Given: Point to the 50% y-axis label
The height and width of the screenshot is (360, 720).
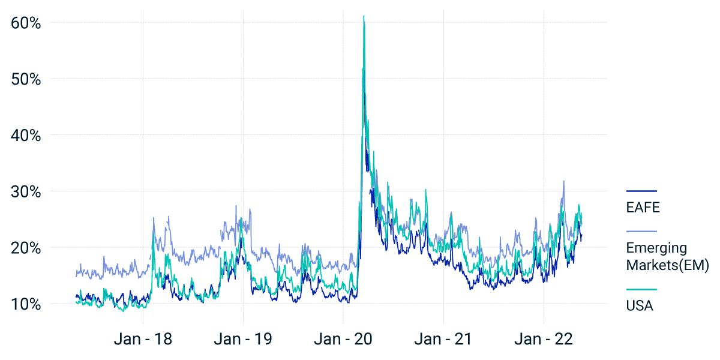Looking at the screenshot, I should pos(26,79).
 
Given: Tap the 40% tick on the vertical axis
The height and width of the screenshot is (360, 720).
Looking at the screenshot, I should pos(26,136).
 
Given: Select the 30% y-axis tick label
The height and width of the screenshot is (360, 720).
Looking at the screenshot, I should pos(26,192).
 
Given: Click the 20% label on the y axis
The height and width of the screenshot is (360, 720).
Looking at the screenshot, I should pos(26,248).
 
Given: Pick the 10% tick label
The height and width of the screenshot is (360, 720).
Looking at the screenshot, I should pos(26,304).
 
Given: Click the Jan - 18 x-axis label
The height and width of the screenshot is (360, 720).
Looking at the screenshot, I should pos(143,339).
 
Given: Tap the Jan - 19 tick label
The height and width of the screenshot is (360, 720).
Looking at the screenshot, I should pos(243,339).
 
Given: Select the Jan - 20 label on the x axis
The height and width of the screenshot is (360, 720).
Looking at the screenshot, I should pos(343,339).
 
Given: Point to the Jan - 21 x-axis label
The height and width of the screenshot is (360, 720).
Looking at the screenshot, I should pos(443,339).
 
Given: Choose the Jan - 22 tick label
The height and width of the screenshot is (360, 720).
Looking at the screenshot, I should pos(543,339).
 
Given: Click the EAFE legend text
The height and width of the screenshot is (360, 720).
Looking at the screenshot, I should pos(643,208).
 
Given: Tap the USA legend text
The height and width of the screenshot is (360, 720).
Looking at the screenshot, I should pos(640,306).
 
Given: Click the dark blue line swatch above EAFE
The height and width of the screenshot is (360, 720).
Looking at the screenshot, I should pos(641,191).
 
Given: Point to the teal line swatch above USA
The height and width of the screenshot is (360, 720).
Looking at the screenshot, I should pos(641,289).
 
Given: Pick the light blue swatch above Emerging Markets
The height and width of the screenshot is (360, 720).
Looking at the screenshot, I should pos(641,231).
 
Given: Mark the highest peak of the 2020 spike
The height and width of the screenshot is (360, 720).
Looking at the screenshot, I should pos(364,16).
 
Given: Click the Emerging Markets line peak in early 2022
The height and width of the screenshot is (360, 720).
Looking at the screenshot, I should pos(563,181).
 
